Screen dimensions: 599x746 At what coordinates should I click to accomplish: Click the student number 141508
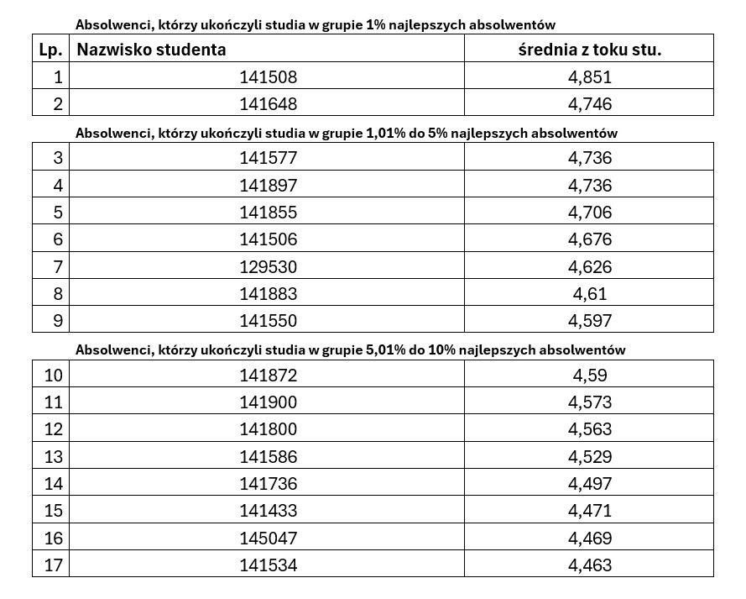tap(268, 77)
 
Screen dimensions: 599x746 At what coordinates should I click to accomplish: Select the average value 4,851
tap(589, 77)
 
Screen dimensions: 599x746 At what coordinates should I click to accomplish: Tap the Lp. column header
tap(51, 50)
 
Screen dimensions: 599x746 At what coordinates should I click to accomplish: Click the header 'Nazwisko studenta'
tap(152, 50)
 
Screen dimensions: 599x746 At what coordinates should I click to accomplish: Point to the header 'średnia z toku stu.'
tap(589, 50)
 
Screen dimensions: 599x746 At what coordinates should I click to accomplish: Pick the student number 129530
tap(268, 267)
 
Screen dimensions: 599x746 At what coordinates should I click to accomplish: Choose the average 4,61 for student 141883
tap(589, 294)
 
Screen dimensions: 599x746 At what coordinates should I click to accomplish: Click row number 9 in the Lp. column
tap(58, 321)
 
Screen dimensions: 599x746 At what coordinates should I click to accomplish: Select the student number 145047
tap(268, 538)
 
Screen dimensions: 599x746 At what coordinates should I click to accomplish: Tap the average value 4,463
tap(589, 565)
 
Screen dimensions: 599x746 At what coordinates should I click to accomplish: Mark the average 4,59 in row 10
tap(589, 376)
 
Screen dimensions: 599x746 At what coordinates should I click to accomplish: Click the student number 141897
tap(268, 186)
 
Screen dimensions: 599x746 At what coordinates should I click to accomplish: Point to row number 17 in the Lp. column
tap(53, 565)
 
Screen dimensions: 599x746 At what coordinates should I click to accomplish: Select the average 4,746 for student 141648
tap(589, 105)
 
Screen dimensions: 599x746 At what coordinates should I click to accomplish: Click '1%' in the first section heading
tap(375, 25)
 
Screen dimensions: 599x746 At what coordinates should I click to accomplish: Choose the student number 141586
tap(268, 457)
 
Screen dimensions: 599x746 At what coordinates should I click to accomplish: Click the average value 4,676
tap(589, 239)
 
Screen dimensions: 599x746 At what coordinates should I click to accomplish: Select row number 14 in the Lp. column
tap(53, 484)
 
